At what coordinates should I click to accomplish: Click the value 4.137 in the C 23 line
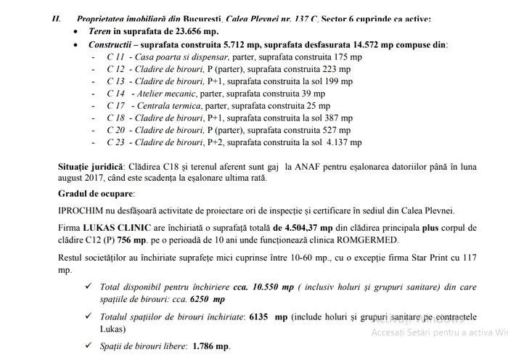[x=345, y=143]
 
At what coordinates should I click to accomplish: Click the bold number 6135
[x=261, y=318]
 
